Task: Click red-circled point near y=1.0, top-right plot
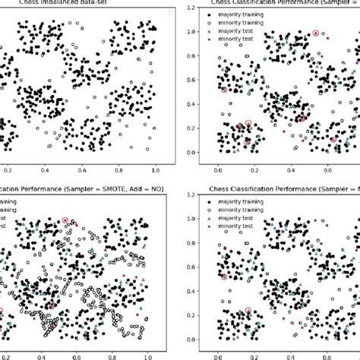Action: [x=316, y=33]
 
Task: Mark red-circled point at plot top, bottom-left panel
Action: [x=65, y=220]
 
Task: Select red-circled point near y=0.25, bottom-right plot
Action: [x=248, y=311]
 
